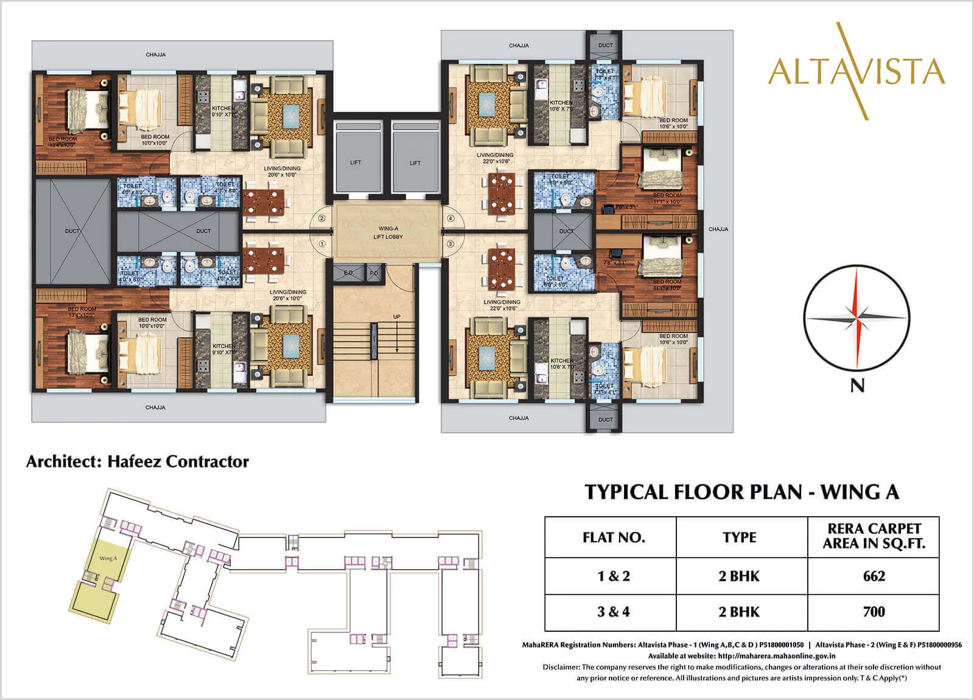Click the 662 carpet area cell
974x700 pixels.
tap(874, 576)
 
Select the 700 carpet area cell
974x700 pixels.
tap(874, 612)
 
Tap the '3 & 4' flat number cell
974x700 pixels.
tap(614, 612)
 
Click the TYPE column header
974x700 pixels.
tap(739, 537)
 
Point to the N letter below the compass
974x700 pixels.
tap(857, 385)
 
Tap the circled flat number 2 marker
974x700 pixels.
tap(322, 218)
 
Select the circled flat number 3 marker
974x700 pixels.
tap(450, 243)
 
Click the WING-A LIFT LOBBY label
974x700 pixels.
tap(388, 233)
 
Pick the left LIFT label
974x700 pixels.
tap(356, 163)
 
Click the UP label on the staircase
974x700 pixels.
tap(397, 317)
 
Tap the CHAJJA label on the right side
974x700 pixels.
tap(718, 229)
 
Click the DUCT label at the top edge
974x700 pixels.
tap(605, 45)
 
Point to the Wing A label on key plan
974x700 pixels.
tap(108, 558)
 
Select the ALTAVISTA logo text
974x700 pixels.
tap(857, 71)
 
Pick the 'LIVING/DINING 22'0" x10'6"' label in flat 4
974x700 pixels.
tap(494, 158)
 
